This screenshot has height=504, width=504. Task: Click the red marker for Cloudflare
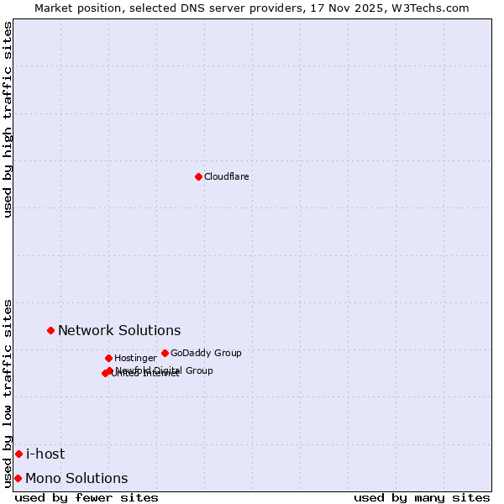tap(198, 176)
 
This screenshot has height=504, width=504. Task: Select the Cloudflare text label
tap(226, 177)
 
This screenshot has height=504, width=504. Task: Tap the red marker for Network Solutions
tap(51, 330)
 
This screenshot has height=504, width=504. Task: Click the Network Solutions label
tap(119, 331)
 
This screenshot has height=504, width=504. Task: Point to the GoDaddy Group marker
tap(165, 353)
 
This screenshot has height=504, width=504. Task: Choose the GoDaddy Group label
tap(206, 354)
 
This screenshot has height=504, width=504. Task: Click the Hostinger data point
tap(108, 358)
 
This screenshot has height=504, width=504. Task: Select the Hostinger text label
tap(135, 359)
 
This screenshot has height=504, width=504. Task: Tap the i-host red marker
tap(18, 454)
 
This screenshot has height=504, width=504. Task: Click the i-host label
tap(45, 454)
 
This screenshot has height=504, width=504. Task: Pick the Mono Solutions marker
tap(18, 478)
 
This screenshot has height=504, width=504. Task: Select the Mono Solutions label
tap(76, 479)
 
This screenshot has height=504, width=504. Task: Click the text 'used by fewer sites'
tap(87, 497)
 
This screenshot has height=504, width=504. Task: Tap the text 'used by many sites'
tap(422, 497)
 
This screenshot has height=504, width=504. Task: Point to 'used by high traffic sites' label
tap(8, 119)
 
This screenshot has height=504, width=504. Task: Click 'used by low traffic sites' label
tap(8, 393)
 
